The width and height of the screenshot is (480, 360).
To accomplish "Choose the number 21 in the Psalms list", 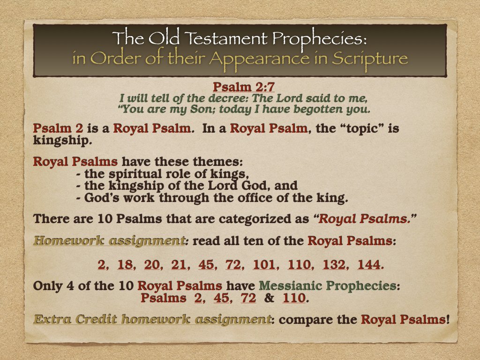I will (x=179, y=265).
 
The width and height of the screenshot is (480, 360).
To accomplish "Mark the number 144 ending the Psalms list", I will (x=369, y=265).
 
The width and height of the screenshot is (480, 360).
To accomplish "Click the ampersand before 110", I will (x=270, y=298).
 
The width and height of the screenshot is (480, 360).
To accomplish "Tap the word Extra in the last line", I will (x=51, y=320).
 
